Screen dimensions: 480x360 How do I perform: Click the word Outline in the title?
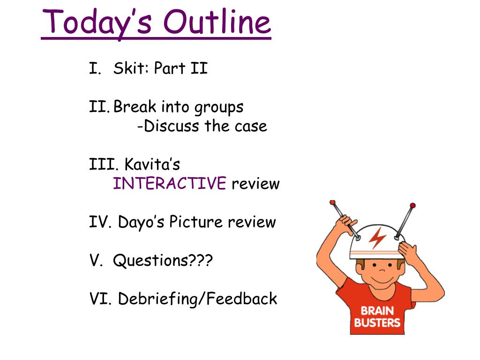(217, 22)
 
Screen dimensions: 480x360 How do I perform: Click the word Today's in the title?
(97, 23)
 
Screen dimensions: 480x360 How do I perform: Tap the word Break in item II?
(135, 106)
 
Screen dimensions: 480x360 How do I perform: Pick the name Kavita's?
(152, 164)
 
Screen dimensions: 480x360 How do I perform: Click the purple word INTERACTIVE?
(170, 183)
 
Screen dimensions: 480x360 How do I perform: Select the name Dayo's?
(141, 222)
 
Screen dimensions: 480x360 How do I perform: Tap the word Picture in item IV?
(196, 222)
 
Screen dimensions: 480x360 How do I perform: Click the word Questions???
(163, 261)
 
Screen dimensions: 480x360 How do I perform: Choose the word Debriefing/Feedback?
(197, 299)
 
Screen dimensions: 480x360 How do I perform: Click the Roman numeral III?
(104, 164)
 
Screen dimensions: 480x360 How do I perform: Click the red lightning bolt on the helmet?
(377, 237)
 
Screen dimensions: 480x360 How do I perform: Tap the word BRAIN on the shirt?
(377, 311)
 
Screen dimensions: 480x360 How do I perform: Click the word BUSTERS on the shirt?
(377, 322)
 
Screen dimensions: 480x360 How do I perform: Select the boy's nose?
(382, 270)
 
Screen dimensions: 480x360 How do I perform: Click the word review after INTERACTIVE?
(255, 184)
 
